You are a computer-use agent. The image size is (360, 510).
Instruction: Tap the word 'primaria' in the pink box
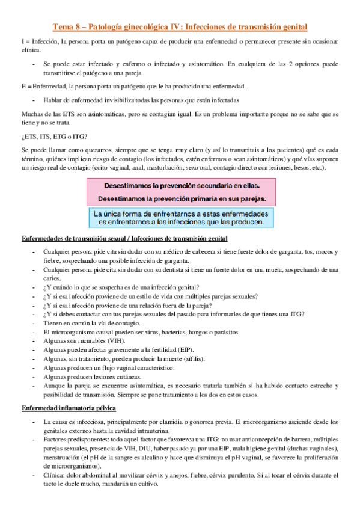[x=204, y=197]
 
